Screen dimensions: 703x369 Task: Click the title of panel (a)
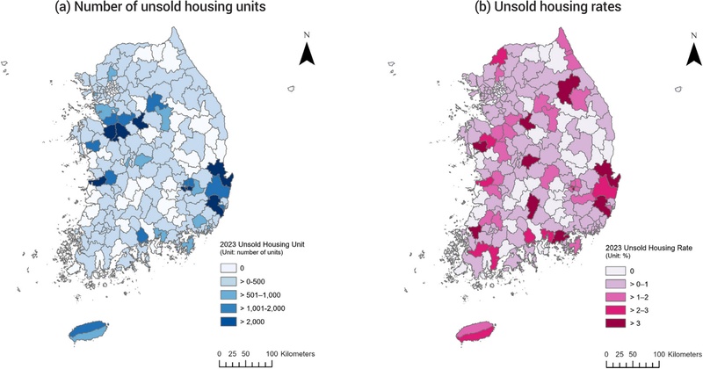(x=160, y=7)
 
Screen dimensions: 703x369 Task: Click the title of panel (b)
(x=547, y=7)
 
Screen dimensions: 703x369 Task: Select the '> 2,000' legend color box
(x=228, y=322)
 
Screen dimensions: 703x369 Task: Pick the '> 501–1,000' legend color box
(x=228, y=294)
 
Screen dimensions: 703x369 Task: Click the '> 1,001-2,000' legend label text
(x=263, y=308)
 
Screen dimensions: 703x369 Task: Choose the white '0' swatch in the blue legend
(x=228, y=268)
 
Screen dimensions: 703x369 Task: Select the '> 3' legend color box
(x=613, y=323)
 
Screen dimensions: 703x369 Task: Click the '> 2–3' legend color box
(x=613, y=310)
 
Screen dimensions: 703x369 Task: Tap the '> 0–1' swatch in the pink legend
(x=613, y=285)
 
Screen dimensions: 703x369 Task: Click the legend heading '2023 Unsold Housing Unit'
(x=262, y=245)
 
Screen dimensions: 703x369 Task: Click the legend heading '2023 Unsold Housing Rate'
(x=649, y=248)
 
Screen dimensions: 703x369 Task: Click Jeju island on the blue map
(x=90, y=331)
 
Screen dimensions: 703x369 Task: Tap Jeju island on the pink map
(x=475, y=331)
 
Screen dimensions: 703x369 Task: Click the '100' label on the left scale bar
(x=272, y=354)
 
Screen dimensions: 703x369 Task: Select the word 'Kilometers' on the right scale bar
(x=685, y=354)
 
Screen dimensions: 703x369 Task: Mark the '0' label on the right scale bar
(x=606, y=354)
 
